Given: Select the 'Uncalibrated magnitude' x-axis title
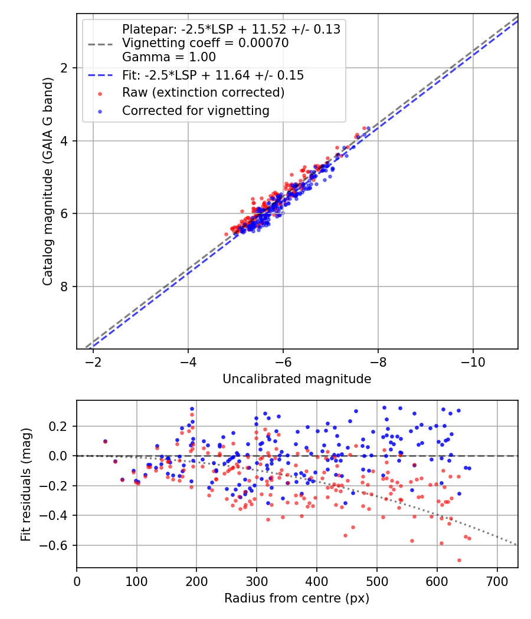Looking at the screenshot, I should pyautogui.click(x=297, y=379).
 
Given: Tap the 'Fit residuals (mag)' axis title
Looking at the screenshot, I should pyautogui.click(x=25, y=483).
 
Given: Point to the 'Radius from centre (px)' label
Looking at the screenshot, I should pyautogui.click(x=297, y=598).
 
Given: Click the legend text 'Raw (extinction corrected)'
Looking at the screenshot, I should pyautogui.click(x=204, y=93).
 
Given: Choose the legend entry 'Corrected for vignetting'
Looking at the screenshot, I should pyautogui.click(x=196, y=110).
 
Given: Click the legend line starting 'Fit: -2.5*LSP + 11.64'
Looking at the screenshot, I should pyautogui.click(x=213, y=75).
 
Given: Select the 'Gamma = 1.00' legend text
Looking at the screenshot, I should pyautogui.click(x=169, y=57).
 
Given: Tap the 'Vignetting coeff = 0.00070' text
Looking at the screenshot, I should pyautogui.click(x=205, y=43).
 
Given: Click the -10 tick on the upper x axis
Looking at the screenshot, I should pyautogui.click(x=473, y=361).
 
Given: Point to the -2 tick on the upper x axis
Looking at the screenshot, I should pyautogui.click(x=93, y=361).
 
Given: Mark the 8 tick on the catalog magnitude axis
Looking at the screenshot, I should pyautogui.click(x=65, y=287).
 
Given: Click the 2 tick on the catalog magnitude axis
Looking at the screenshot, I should pyautogui.click(x=65, y=68).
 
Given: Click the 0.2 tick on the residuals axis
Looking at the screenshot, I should pyautogui.click(x=61, y=426).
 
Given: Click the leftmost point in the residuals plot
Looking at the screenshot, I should pyautogui.click(x=105, y=441).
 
